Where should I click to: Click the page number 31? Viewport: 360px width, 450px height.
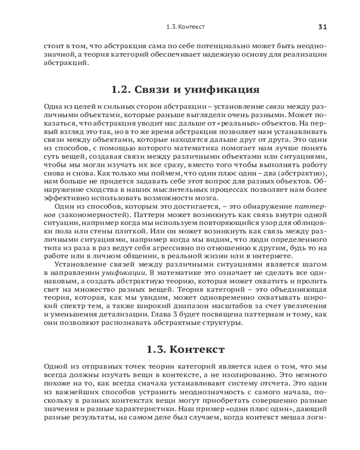322,27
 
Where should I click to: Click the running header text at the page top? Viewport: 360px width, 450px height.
185,27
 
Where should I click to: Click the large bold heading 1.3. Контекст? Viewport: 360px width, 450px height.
185,350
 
